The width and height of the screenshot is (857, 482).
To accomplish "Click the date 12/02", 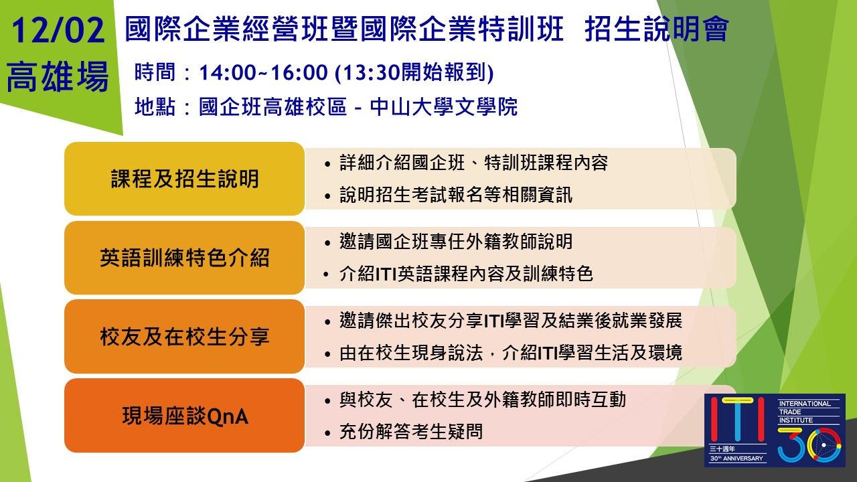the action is pyautogui.click(x=58, y=30).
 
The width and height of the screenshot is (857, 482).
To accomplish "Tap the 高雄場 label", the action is pyautogui.click(x=58, y=76).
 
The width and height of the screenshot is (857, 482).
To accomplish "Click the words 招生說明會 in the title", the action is pyautogui.click(x=657, y=29).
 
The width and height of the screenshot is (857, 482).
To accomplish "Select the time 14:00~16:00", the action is pyautogui.click(x=263, y=73).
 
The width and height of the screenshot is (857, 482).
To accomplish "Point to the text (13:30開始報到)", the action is pyautogui.click(x=414, y=73).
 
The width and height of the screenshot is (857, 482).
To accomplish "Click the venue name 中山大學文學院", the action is pyautogui.click(x=444, y=106).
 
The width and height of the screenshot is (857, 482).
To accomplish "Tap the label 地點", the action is pyautogui.click(x=155, y=106).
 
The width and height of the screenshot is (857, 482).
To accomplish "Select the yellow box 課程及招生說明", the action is pyautogui.click(x=184, y=179).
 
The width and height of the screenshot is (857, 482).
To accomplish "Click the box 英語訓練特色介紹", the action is pyautogui.click(x=184, y=258).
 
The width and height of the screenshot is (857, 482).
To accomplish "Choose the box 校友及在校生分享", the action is pyautogui.click(x=184, y=336).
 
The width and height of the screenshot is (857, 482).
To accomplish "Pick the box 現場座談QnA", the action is pyautogui.click(x=184, y=416).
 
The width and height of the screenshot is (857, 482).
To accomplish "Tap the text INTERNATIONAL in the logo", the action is pyautogui.click(x=805, y=404).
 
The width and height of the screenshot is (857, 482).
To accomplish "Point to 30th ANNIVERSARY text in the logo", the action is pyautogui.click(x=736, y=459).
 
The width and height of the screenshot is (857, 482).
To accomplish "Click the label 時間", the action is pyautogui.click(x=155, y=73).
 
